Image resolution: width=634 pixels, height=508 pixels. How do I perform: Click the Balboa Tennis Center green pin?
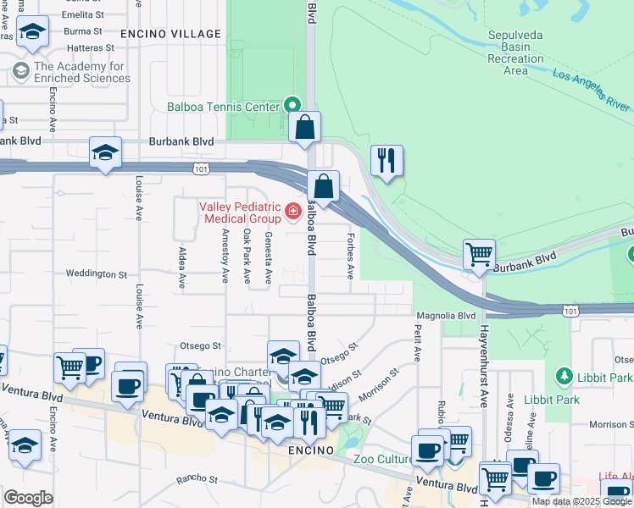tap(292, 106)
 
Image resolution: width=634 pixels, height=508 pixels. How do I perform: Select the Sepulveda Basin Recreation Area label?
tap(515, 53)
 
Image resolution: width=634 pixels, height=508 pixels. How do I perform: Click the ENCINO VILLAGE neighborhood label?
tap(170, 34)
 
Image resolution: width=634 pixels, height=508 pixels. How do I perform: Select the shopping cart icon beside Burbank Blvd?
tap(479, 254)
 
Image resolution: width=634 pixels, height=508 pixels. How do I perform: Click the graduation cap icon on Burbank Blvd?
tap(105, 152)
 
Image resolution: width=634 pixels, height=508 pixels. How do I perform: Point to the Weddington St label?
tap(97, 274)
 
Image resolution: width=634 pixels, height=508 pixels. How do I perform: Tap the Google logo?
tap(28, 498)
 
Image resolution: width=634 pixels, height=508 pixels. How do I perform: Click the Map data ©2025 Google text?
tap(582, 502)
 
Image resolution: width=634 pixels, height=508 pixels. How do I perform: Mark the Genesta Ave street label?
tap(268, 257)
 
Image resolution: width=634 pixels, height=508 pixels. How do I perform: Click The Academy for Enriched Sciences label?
tap(82, 73)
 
